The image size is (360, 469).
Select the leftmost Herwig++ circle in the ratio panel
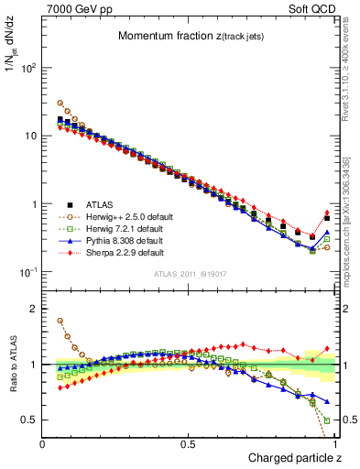(60, 322)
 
